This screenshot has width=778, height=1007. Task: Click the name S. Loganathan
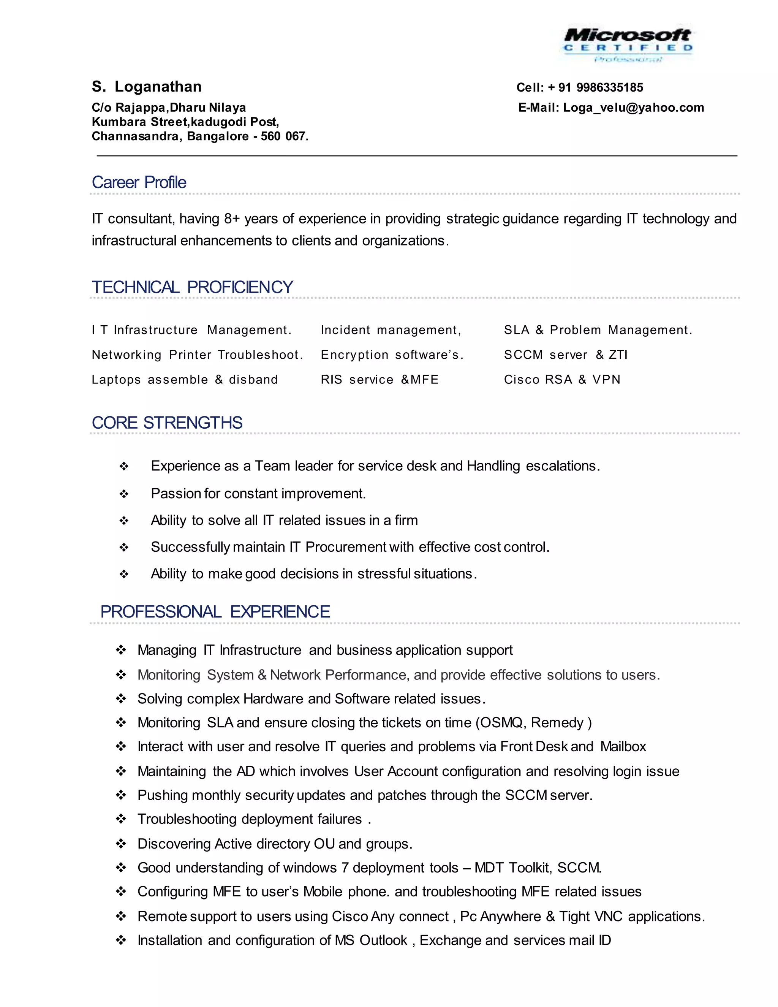coord(147,87)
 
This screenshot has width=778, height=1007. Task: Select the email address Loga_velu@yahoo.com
coord(633,108)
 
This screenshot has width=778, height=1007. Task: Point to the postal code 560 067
coord(283,136)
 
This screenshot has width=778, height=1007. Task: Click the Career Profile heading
coord(139,182)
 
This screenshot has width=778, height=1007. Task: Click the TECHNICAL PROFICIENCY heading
coord(192,287)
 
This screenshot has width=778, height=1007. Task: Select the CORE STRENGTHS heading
coord(167,423)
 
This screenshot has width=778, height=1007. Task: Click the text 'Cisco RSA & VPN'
coord(562,380)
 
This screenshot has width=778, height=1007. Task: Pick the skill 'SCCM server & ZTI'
coord(566,355)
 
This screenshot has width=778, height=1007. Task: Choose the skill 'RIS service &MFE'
coord(380,380)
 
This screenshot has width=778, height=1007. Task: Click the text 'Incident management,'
coord(391,330)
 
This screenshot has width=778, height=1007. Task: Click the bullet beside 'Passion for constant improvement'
coord(123,494)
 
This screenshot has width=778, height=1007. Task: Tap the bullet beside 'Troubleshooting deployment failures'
coord(121,819)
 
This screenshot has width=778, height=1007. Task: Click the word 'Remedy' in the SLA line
coord(557,722)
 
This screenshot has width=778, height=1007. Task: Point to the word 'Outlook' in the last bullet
coord(383,940)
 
